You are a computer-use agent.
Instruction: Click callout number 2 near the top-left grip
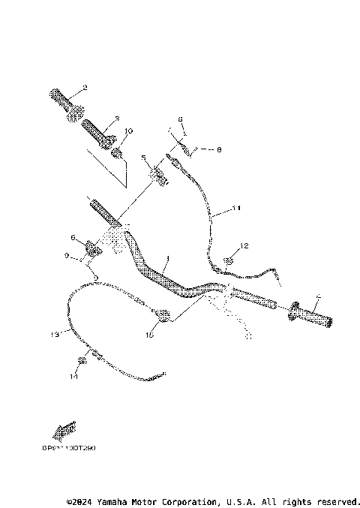pos(85,88)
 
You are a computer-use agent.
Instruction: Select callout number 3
pos(117,119)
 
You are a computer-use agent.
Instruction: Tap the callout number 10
pos(128,131)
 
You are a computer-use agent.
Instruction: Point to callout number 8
pos(219,149)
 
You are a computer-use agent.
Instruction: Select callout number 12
pos(244,246)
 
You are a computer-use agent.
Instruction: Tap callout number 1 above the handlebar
pos(168,258)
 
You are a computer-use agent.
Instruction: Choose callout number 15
pos(149,335)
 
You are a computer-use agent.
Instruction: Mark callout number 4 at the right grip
pos(317,296)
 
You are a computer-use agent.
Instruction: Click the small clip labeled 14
pos(83,360)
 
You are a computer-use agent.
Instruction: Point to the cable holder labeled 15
pos(160,312)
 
